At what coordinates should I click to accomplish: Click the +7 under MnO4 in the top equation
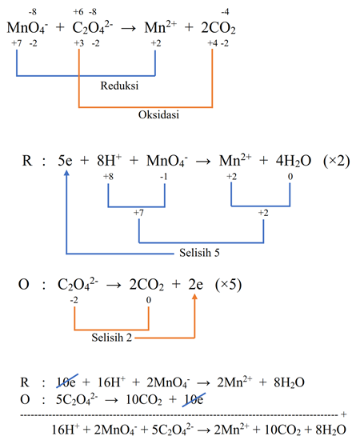(x=17, y=43)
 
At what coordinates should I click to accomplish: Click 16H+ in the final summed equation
(x=65, y=430)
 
